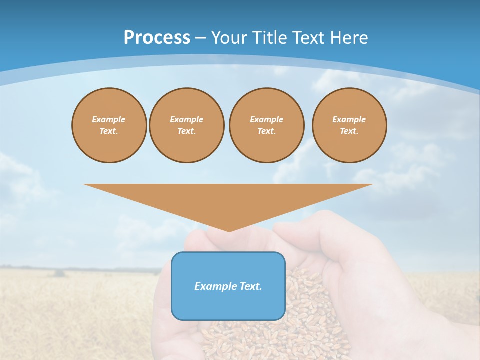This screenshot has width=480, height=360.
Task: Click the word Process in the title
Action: [x=157, y=38]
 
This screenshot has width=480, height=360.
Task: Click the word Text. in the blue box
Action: [x=251, y=286]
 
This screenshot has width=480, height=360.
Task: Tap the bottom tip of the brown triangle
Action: [x=229, y=230]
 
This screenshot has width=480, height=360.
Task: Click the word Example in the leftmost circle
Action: [x=109, y=119]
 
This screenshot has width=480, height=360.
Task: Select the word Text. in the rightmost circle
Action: [x=349, y=131]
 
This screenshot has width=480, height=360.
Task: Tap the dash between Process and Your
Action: [x=200, y=38]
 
